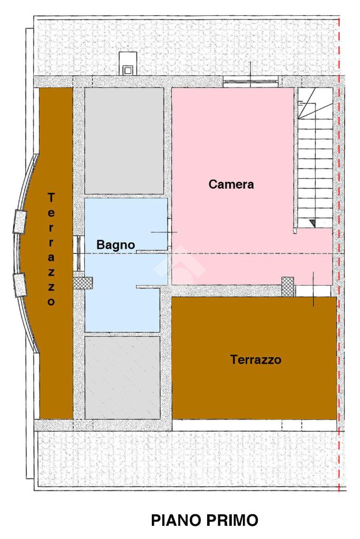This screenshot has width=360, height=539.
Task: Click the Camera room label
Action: click(x=231, y=184)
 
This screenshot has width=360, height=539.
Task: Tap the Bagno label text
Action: click(x=115, y=245)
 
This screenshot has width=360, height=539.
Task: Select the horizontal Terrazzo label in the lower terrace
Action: click(x=256, y=360)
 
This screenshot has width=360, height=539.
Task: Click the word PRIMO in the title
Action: click(x=230, y=521)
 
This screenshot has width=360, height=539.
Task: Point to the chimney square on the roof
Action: click(x=128, y=71)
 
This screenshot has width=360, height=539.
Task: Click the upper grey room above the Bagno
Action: click(x=124, y=141)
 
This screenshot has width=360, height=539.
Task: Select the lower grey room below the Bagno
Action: click(x=122, y=377)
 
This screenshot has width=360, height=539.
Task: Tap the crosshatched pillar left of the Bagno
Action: click(x=83, y=283)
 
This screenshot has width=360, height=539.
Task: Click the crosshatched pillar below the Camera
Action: click(x=288, y=287)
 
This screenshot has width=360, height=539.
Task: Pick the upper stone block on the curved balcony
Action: click(x=20, y=222)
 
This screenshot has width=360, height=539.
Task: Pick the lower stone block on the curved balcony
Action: click(x=20, y=285)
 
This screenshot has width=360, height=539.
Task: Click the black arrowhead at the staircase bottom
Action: click(x=313, y=223)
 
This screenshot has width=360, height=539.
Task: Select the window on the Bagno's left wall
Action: click(x=79, y=253)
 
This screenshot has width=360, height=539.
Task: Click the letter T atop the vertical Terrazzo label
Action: click(x=51, y=198)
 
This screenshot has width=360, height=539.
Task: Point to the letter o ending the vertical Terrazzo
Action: click(x=51, y=301)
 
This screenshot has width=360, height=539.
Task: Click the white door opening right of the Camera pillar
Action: click(x=313, y=291)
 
